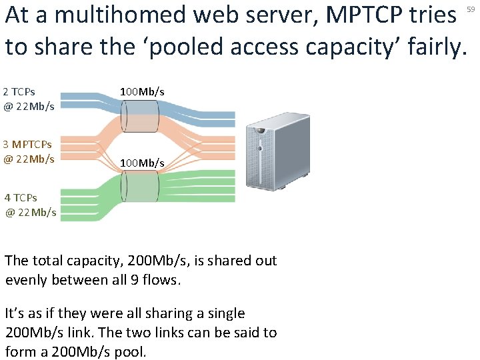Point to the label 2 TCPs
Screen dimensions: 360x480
click(19, 91)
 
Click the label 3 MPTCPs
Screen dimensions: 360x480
click(27, 144)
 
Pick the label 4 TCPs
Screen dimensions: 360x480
click(21, 197)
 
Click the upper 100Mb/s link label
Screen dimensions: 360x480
click(142, 91)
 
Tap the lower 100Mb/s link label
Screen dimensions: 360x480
click(142, 163)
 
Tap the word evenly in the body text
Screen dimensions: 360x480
click(25, 280)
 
